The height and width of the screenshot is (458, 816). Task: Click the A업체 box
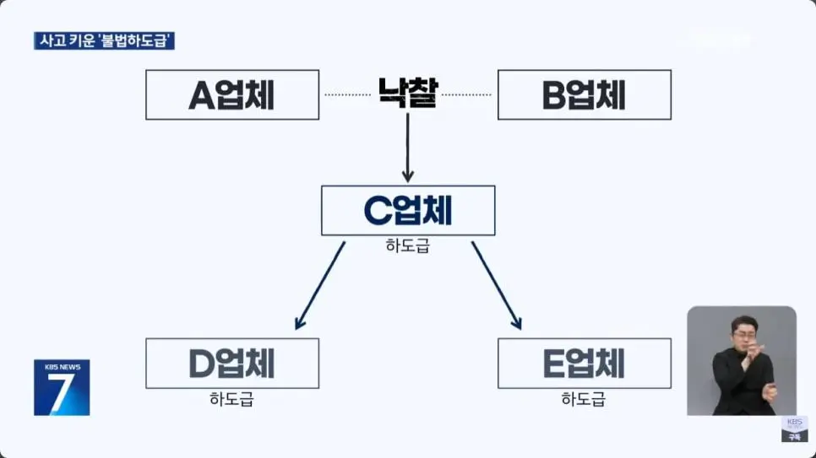point(232,94)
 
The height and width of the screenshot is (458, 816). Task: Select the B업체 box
point(584,94)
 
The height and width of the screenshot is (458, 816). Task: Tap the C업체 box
point(408,210)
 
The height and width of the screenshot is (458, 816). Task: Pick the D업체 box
point(232,364)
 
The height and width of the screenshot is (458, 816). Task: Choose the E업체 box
point(584,364)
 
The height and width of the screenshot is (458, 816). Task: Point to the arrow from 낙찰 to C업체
point(408,148)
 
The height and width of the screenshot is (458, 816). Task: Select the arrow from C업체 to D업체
point(320,285)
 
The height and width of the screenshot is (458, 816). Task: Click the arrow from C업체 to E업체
point(496,285)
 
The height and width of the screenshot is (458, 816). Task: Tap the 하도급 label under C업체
point(408,246)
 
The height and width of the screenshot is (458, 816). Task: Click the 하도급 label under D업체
point(231,399)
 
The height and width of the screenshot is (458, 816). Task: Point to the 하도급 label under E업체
point(584,399)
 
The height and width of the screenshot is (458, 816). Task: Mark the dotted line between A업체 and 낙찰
point(347,94)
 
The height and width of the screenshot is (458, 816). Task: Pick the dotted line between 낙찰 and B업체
point(466,94)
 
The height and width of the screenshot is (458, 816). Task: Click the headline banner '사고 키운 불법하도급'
point(104,40)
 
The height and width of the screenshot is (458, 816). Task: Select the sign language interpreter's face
point(743,331)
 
